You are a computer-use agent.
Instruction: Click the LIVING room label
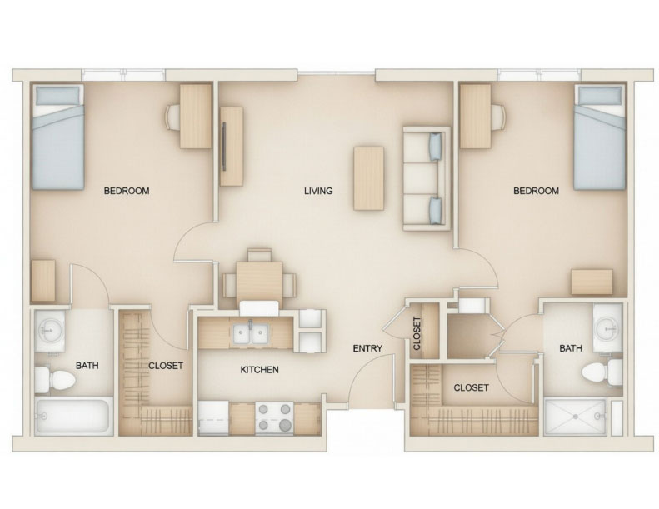pos(318,191)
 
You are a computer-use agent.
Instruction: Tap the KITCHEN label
pos(259,370)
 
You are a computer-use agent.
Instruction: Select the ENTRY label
pos(367,348)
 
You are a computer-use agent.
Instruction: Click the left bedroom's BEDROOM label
pos(126,191)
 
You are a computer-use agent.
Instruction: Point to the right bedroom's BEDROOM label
pos(535,191)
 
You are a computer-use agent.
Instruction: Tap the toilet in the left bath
pos(56,379)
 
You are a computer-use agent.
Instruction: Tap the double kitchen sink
pos(250,333)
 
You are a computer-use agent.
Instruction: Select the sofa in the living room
pos(427,177)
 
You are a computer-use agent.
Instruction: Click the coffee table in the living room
pos(368,177)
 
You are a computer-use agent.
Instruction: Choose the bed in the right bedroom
pos(600,137)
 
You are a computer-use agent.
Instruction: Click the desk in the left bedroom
pos(196,117)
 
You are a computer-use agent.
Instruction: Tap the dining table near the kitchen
pos(258,281)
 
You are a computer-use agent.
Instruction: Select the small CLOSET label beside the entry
pos(417,332)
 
